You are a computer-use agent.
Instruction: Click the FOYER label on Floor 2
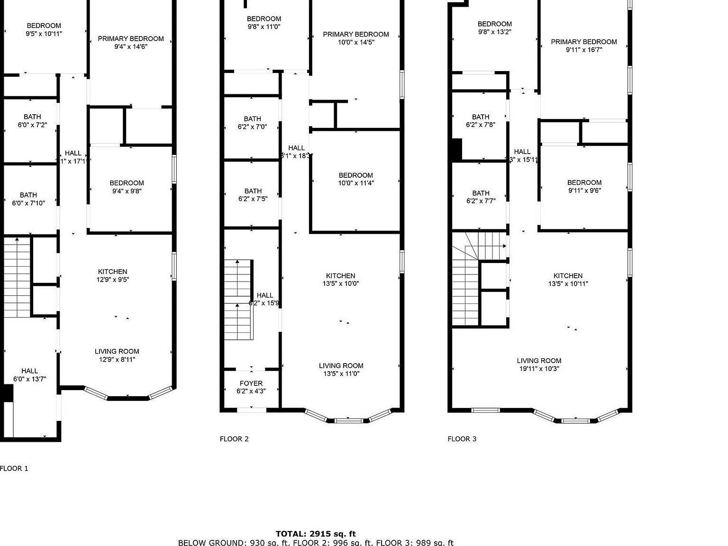point(251,383)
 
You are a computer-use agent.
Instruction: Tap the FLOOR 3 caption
point(462,439)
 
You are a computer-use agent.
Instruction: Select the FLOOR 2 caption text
point(234,439)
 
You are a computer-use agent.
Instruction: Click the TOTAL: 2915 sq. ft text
point(316,534)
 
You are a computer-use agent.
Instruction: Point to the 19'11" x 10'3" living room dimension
point(538,368)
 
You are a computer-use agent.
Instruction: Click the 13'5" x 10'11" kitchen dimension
point(568,284)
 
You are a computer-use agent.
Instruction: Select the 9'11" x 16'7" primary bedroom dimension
point(583,50)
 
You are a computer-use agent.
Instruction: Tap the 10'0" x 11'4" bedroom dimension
point(355,183)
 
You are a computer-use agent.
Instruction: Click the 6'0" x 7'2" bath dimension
point(32,125)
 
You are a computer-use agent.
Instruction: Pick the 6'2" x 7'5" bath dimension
point(253,199)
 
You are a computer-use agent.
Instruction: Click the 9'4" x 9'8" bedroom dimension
point(127,191)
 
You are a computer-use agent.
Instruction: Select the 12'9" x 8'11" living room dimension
point(117,359)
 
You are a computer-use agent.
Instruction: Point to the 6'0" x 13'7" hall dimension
point(29,379)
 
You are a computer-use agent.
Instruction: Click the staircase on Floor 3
point(465,289)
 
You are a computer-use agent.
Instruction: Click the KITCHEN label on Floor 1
point(112,272)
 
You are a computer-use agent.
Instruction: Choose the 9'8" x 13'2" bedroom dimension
point(494,32)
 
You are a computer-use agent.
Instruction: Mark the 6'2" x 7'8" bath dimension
point(480,125)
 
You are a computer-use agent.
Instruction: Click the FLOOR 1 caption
point(14,468)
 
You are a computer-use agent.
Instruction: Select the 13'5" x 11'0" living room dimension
point(341,373)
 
